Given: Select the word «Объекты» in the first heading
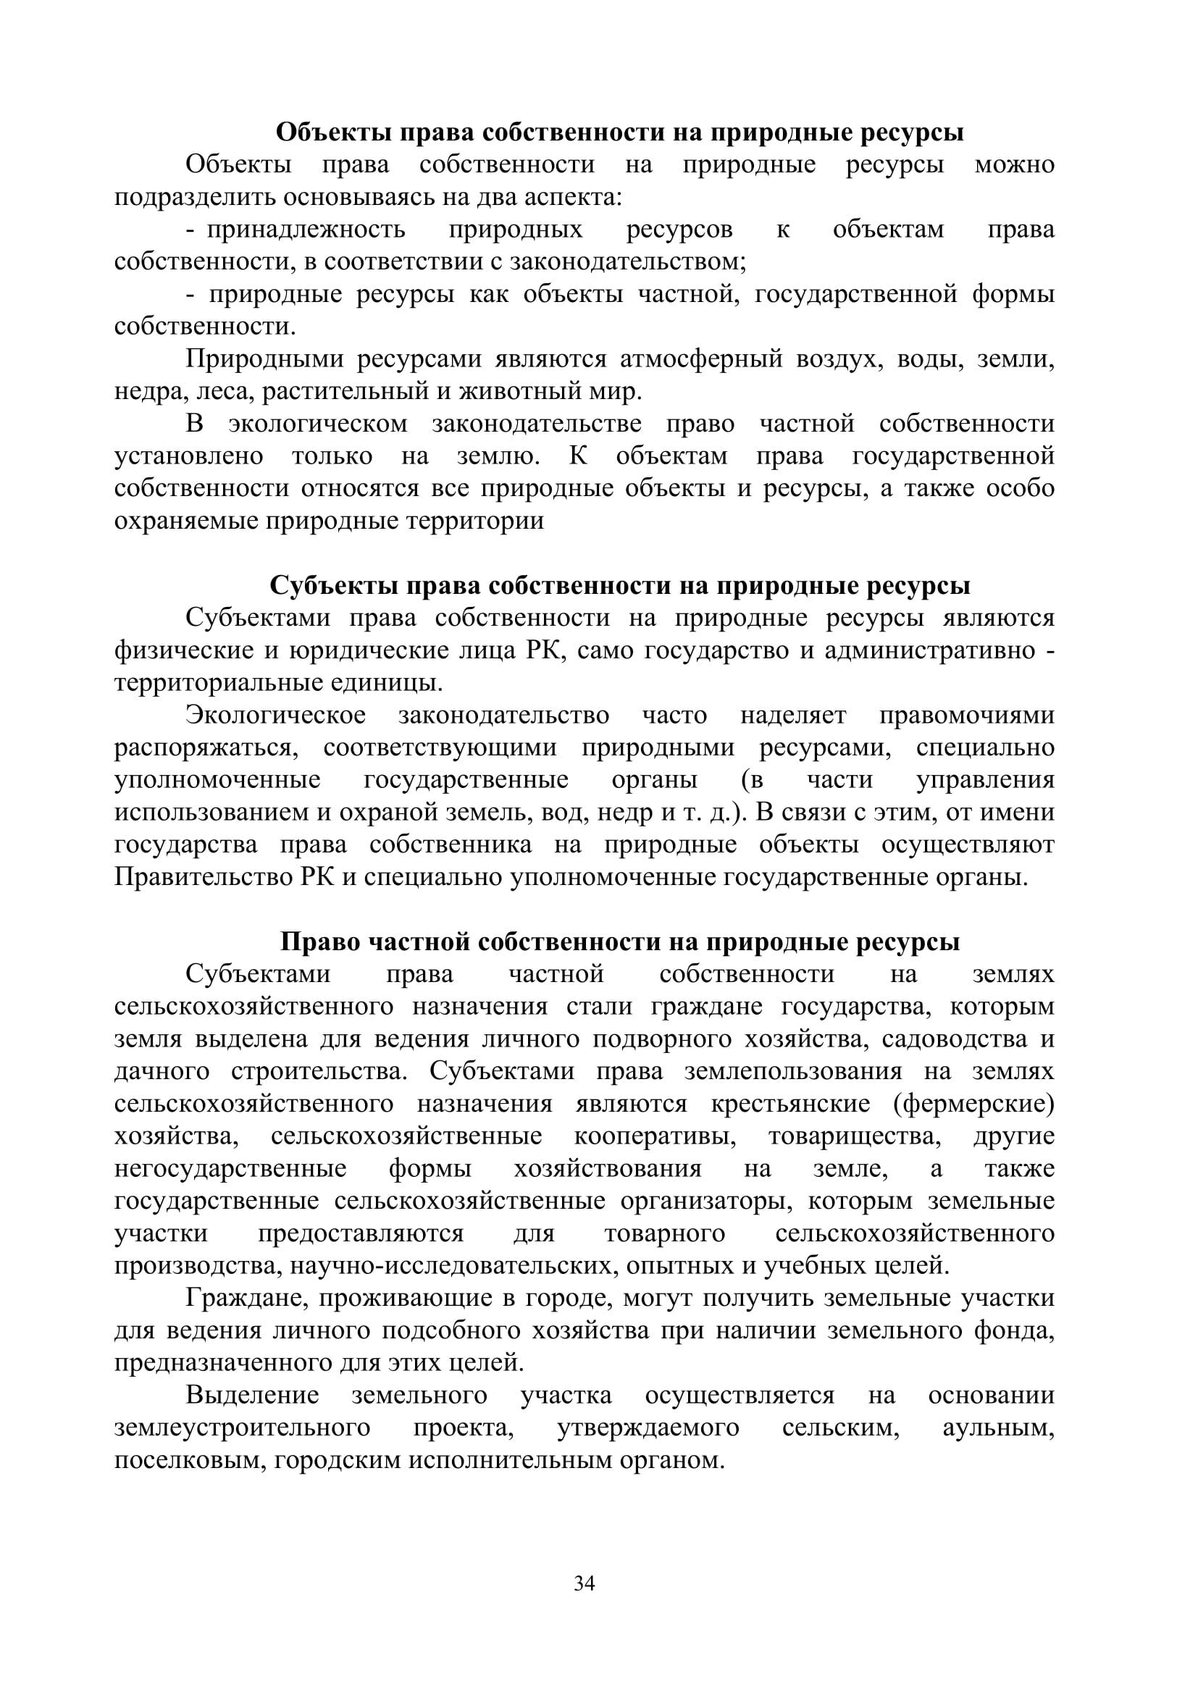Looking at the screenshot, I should click(x=334, y=133).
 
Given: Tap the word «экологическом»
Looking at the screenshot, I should click(x=318, y=424).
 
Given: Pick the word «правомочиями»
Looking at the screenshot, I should click(x=967, y=716).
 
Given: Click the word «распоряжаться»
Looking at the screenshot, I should click(x=206, y=748).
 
